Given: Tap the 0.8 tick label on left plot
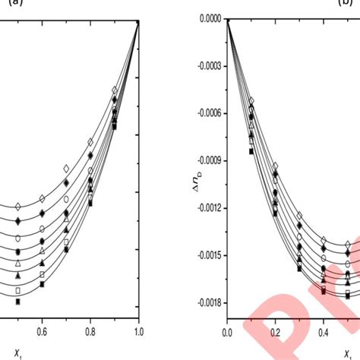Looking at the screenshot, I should point(90,331).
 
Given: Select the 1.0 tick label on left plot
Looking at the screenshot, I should point(138,331).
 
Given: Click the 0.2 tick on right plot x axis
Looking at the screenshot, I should point(275,331).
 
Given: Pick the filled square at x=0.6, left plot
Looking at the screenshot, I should point(43,284).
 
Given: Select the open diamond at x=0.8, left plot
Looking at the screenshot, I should point(90,141).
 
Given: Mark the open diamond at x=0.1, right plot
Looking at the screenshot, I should point(251,101).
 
